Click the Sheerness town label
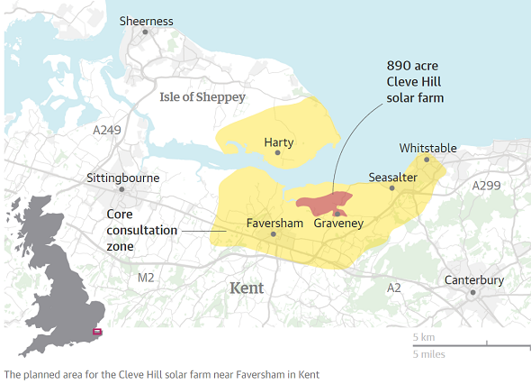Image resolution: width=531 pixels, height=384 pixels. point(146,22)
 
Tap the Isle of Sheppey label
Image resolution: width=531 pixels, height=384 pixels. point(202,96)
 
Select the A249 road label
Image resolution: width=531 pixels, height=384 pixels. point(107,131)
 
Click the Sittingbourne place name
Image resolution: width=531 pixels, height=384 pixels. point(122,178)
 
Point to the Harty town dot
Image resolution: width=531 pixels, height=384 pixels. point(278,153)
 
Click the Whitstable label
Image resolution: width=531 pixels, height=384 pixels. point(427,148)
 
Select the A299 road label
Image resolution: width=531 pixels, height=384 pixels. point(487,185)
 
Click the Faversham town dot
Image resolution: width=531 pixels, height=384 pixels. point(274,233)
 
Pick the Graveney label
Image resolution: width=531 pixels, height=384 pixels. point(337,224)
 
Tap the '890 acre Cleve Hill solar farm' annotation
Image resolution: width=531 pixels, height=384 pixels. point(415,81)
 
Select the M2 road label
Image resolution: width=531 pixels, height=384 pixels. point(146,278)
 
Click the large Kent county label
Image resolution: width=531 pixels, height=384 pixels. point(247,288)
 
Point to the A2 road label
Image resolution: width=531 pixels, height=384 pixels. point(393,288)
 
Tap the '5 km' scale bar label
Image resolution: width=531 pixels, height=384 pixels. point(423,337)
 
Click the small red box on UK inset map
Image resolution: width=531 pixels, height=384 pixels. point(97,333)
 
